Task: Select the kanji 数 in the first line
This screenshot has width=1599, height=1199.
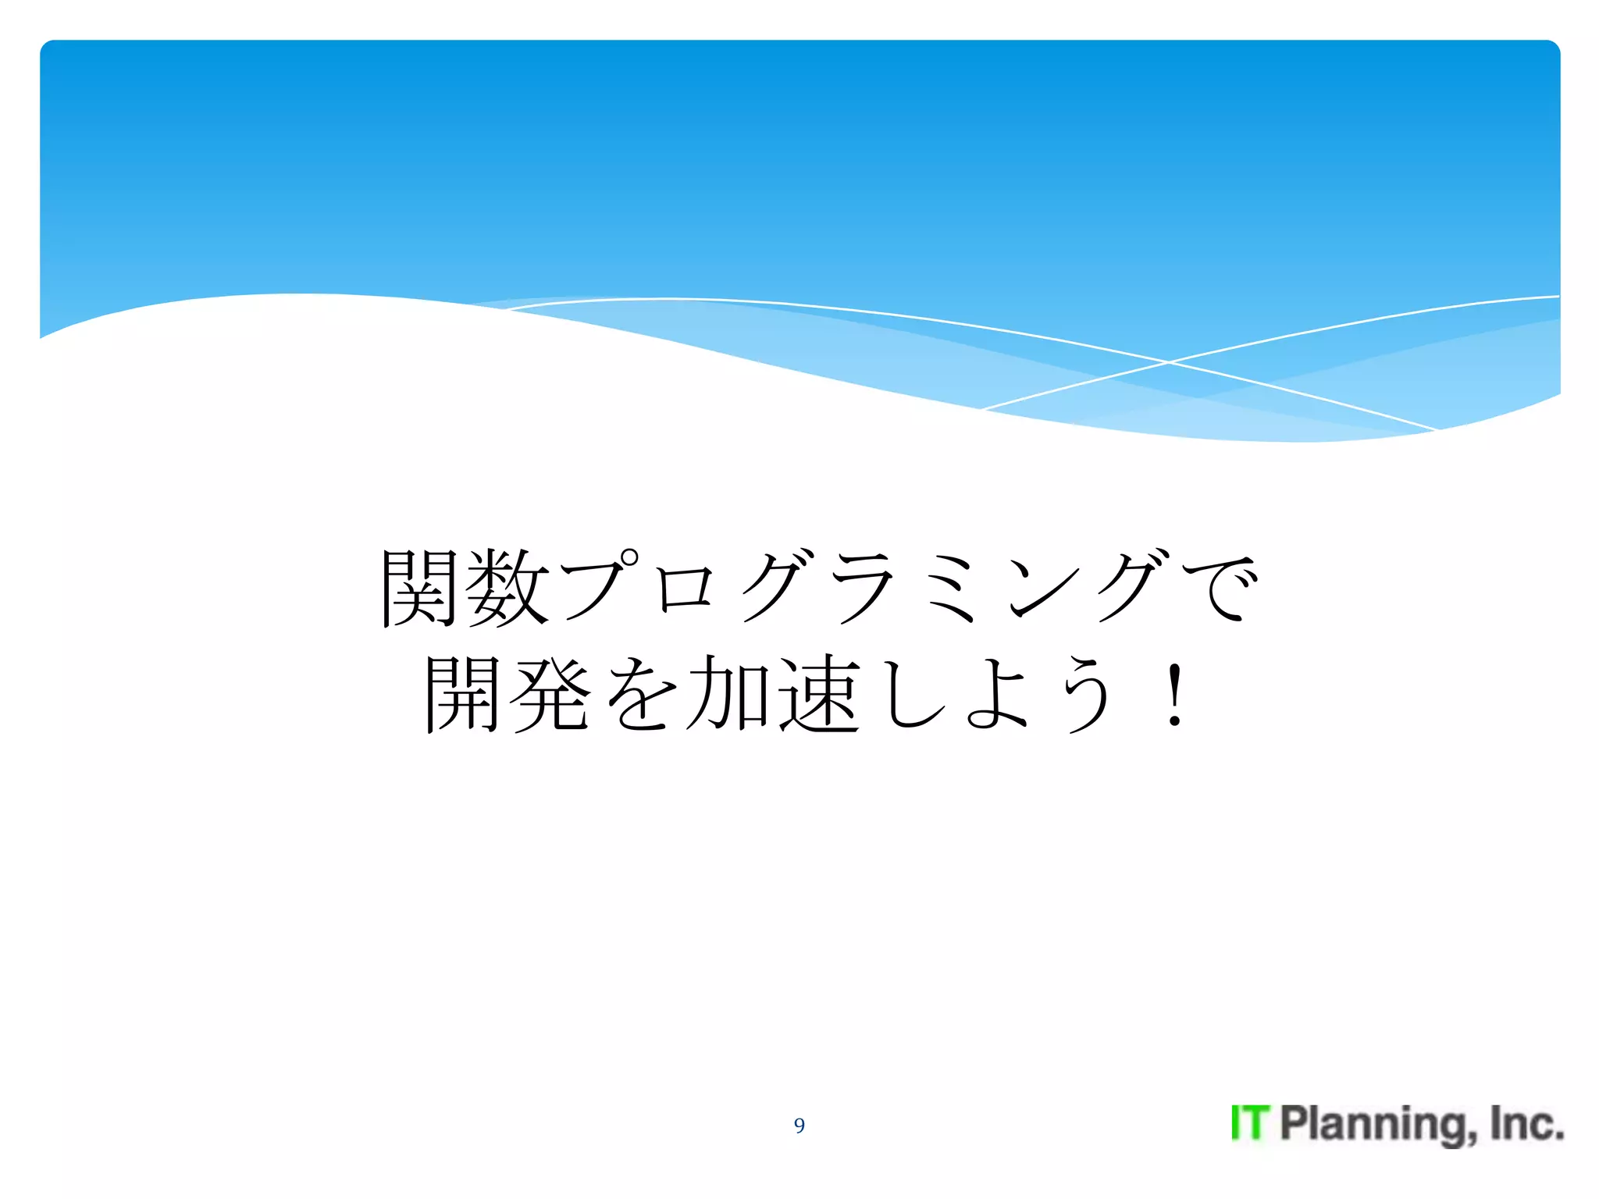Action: (x=507, y=588)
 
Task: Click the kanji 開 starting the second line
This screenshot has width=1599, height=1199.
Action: (x=462, y=693)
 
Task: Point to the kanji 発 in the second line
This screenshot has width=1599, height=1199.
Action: (x=550, y=693)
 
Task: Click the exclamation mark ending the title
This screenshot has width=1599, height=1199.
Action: (x=1173, y=693)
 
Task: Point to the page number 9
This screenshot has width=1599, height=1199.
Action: (x=799, y=1125)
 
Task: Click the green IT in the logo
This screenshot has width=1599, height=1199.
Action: (x=1250, y=1123)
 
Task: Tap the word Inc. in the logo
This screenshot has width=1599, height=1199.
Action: (x=1526, y=1123)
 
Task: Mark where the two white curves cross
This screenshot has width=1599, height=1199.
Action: (x=1169, y=362)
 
